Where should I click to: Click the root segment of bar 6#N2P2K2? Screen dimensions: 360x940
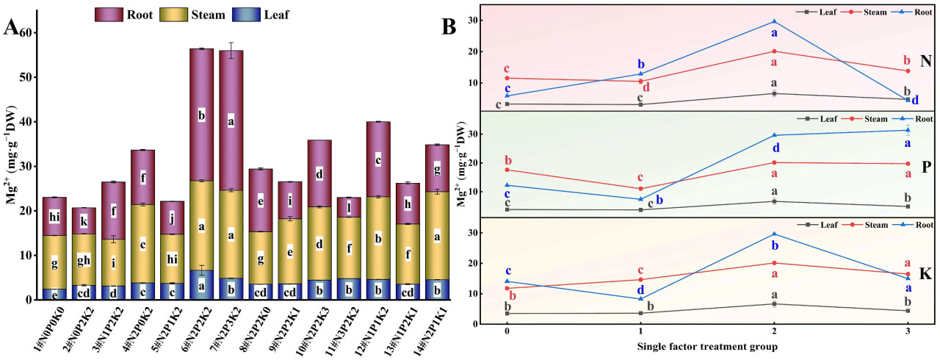(x=202, y=115)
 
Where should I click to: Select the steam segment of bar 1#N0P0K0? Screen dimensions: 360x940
(x=54, y=262)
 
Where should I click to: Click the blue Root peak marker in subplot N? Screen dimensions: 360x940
(x=774, y=21)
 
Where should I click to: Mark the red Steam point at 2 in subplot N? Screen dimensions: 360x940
(x=774, y=51)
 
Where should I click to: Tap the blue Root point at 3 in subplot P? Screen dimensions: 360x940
(x=908, y=130)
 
